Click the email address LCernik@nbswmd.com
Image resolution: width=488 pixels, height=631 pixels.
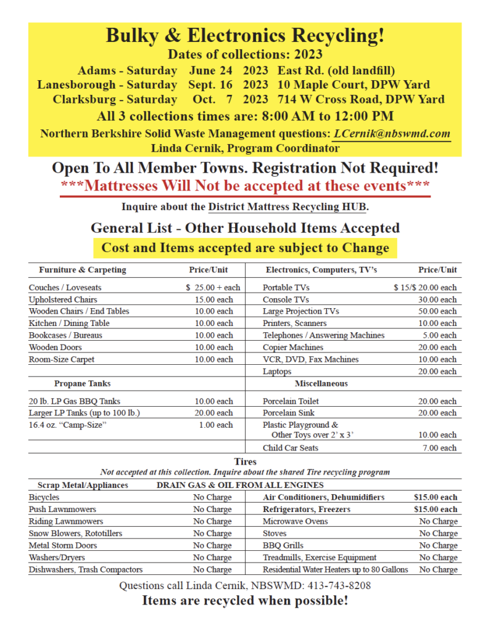coord(391,134)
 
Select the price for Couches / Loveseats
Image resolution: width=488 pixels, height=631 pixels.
coord(213,287)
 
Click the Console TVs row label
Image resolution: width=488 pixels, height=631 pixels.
coord(286,299)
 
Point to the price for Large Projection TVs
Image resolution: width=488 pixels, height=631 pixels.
coord(436,311)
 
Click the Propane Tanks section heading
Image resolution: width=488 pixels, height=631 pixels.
coord(82,383)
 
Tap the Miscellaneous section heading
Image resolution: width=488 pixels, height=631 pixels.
coord(321,383)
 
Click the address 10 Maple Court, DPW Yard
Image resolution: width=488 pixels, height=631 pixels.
coord(354,84)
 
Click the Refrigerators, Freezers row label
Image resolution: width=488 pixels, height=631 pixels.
coord(307,509)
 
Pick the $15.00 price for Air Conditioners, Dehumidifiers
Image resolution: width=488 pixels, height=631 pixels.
coord(436,497)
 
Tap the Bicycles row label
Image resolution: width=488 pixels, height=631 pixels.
coord(44,497)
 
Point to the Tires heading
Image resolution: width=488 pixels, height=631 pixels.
coord(245,461)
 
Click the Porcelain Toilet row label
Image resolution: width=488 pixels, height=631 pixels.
coord(291,401)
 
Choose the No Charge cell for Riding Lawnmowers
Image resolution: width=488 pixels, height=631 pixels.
coord(212,521)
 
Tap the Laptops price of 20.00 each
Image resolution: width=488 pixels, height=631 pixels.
coord(436,371)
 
